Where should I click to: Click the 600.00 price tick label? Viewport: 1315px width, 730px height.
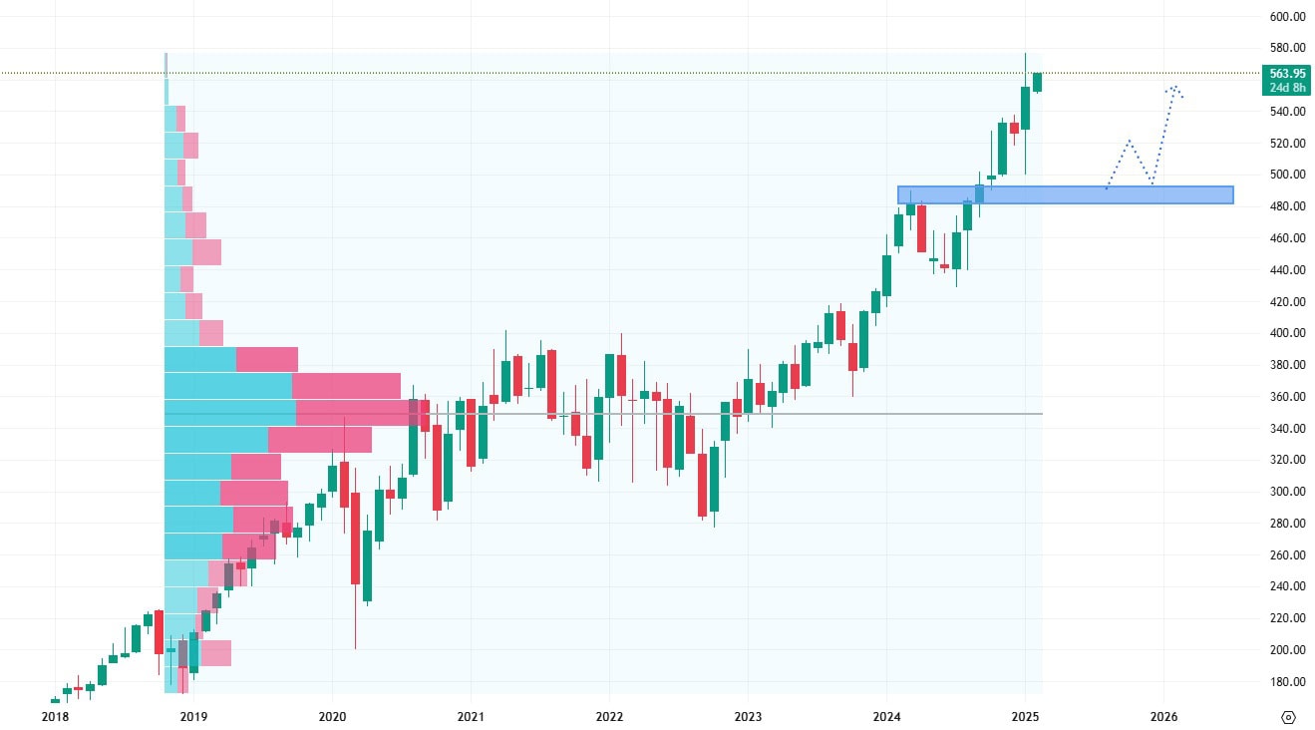[x=1288, y=16]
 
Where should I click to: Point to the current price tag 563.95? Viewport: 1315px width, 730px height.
[x=1287, y=73]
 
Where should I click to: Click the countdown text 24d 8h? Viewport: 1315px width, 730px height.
[x=1287, y=87]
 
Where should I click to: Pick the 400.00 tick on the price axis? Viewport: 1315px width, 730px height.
[x=1288, y=333]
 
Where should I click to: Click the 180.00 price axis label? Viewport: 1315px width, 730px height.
[x=1288, y=682]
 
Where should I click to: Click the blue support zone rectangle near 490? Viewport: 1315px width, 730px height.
[x=1065, y=195]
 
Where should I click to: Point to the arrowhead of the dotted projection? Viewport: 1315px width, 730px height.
[x=1175, y=88]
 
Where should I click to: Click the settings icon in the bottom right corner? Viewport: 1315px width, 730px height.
[x=1288, y=717]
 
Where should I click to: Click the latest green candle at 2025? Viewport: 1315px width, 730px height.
[x=1038, y=82]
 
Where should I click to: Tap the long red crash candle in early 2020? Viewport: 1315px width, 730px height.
[x=355, y=539]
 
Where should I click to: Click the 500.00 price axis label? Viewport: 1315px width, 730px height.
[x=1288, y=175]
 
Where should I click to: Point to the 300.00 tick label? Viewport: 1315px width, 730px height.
[x=1288, y=492]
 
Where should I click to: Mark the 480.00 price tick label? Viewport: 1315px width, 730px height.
[x=1288, y=206]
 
